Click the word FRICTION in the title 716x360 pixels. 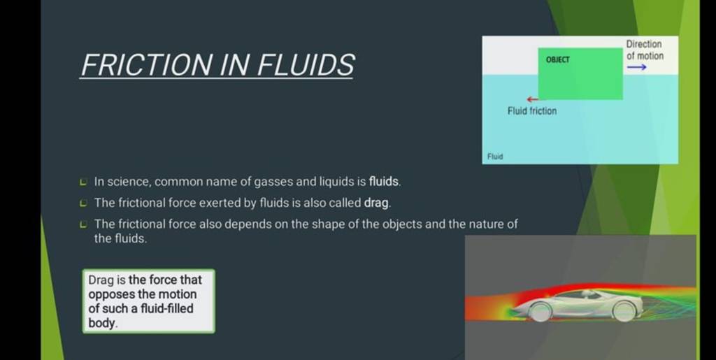point(141,66)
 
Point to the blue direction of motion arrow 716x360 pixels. point(636,67)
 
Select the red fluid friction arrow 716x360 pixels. point(533,99)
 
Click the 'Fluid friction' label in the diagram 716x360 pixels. point(532,111)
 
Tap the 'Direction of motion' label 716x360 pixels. point(644,50)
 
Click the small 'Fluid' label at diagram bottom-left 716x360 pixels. point(495,157)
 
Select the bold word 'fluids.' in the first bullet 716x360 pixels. point(385,182)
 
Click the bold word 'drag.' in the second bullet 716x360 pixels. point(378,203)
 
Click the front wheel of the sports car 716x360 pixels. point(540,310)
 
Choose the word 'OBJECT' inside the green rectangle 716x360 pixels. point(557,60)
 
